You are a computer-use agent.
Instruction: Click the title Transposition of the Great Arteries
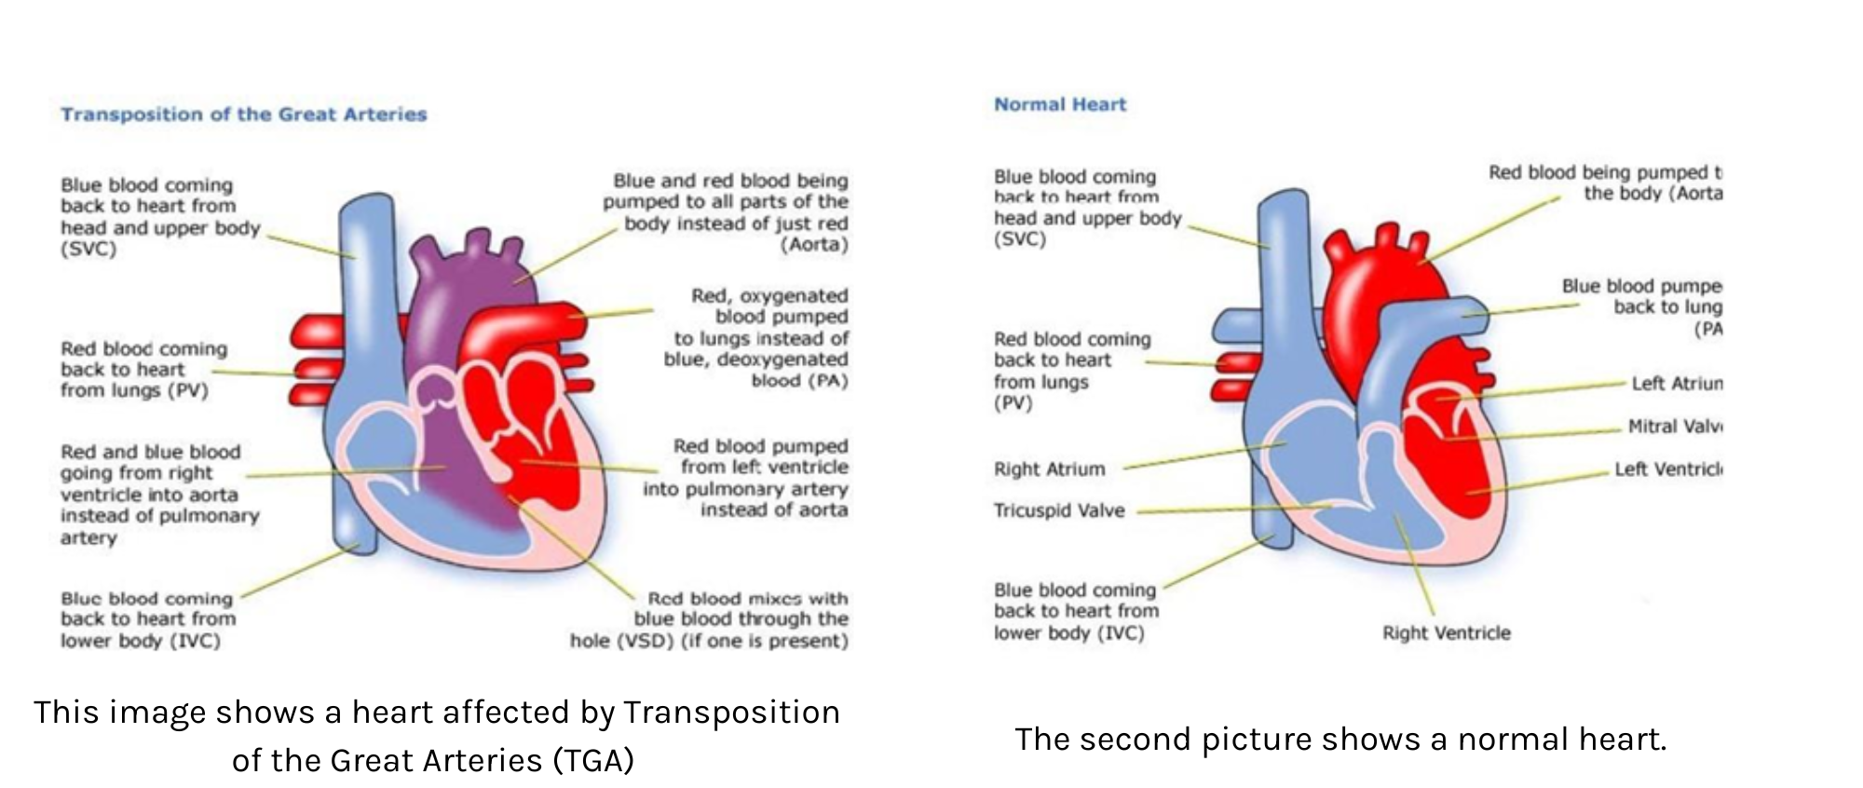click(x=243, y=115)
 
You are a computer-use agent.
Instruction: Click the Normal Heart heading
click(x=1060, y=104)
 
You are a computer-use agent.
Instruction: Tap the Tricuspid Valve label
click(x=1059, y=510)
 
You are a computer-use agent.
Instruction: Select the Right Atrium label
click(x=1049, y=469)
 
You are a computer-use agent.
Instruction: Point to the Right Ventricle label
click(x=1446, y=633)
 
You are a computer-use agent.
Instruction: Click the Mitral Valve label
click(x=1675, y=427)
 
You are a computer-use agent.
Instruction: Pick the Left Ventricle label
click(x=1668, y=469)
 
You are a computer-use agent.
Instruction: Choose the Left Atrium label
click(x=1677, y=384)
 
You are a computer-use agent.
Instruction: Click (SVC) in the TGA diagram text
click(x=88, y=250)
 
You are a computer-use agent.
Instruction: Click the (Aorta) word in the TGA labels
click(x=814, y=245)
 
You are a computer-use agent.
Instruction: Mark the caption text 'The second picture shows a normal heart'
click(x=1339, y=740)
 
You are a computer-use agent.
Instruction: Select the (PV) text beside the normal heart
click(x=1013, y=403)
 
